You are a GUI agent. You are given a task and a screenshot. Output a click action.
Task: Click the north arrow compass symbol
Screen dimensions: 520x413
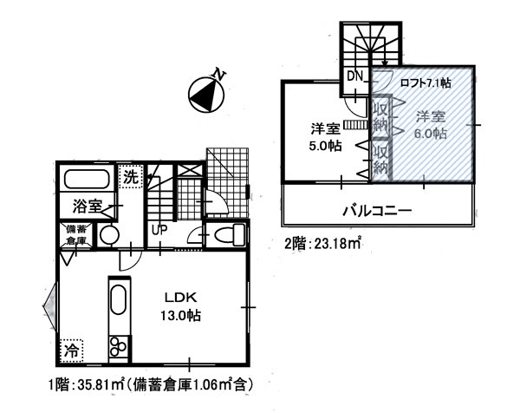point(206,95)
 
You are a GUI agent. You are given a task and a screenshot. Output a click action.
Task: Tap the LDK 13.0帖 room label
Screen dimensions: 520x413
point(181,306)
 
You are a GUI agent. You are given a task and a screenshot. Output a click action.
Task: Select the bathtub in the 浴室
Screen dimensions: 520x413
point(88,179)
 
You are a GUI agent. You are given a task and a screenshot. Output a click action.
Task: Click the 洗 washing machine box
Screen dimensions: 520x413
point(131,177)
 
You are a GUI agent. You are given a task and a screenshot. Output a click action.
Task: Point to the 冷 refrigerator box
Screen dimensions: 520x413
point(71,351)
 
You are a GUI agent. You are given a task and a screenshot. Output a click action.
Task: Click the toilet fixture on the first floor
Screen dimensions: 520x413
point(229,235)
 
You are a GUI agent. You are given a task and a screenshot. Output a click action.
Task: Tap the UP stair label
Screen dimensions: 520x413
point(159,230)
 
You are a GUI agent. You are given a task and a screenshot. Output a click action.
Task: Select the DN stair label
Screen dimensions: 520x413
point(355,76)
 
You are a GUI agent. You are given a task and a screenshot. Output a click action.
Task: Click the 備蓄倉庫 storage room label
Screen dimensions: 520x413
point(76,235)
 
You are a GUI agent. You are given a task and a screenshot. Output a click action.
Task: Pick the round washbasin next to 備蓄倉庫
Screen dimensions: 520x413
point(109,235)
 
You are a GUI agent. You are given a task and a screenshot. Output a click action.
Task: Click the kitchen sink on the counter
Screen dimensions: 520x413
point(118,300)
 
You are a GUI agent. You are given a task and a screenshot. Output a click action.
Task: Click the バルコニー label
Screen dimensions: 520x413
point(377,211)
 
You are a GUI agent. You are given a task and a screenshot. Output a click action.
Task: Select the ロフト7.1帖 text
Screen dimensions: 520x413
point(426,82)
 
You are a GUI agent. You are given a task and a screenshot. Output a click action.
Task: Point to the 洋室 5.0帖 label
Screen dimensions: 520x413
point(325,137)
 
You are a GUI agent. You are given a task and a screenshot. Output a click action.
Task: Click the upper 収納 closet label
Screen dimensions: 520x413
point(380,117)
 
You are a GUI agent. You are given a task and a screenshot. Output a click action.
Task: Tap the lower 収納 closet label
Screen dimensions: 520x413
point(381,160)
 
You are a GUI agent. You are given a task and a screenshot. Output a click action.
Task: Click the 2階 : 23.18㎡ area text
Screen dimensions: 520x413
point(323,244)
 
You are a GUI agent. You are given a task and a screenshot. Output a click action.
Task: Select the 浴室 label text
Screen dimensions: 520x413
point(87,206)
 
